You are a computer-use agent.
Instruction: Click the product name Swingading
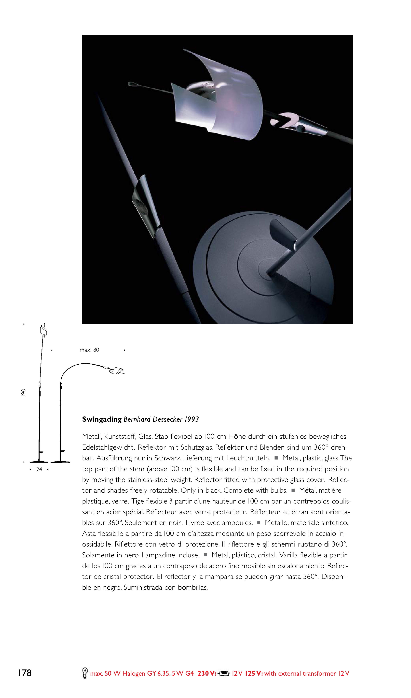pos(102,419)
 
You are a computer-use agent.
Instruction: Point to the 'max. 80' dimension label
pos(89,350)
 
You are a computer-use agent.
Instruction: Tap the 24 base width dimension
pos(39,469)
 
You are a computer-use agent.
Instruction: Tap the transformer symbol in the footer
pos(224,673)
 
